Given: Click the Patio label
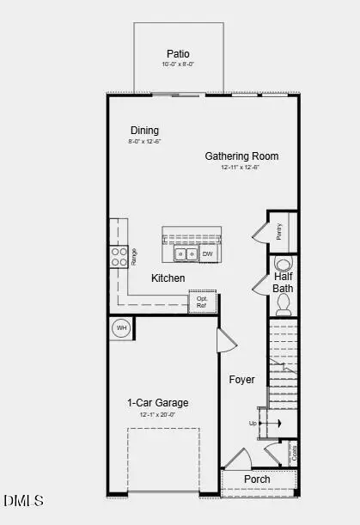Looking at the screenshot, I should (179, 53).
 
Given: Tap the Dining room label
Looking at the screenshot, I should (144, 131).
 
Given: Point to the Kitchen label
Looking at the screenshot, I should (168, 278).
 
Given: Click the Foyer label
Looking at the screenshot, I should (242, 379).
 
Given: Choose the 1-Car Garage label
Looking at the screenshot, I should (158, 402).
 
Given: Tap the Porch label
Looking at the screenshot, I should (257, 479).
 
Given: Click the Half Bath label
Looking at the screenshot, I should (284, 283).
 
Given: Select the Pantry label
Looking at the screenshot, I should (279, 231).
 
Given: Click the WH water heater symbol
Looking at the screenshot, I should (121, 327).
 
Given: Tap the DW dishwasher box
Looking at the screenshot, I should (208, 254).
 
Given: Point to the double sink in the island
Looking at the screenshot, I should (186, 254).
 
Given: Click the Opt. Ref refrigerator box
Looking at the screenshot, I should (202, 302).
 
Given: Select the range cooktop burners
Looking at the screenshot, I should (119, 257).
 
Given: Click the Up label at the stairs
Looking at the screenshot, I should (253, 423).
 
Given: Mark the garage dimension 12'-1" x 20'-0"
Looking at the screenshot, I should (158, 414).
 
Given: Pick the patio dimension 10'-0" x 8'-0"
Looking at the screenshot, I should (179, 64).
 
